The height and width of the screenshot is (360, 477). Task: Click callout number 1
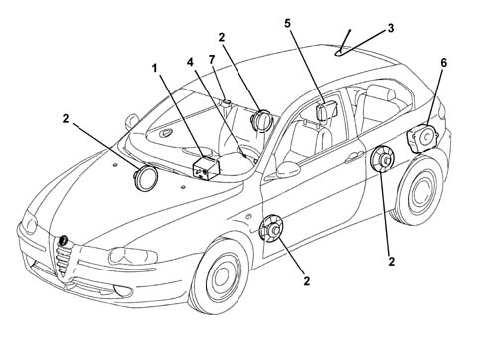(x=154, y=69)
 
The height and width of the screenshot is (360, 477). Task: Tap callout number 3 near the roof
(x=391, y=28)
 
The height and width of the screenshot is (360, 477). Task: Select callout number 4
(x=190, y=62)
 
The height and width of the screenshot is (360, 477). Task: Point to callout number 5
(x=287, y=24)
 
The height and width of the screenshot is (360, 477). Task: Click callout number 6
(x=443, y=63)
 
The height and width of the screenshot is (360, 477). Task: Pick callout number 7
(x=212, y=60)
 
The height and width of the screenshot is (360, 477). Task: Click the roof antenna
(x=344, y=43)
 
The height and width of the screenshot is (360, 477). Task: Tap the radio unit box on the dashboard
(x=206, y=167)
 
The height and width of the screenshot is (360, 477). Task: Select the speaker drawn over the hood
(x=145, y=178)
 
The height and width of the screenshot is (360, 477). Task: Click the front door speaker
(x=271, y=229)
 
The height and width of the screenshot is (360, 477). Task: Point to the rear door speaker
(x=382, y=159)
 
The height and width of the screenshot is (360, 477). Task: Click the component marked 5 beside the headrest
(x=327, y=110)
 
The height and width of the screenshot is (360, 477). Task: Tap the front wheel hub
(x=221, y=274)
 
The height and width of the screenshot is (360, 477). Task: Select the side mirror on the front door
(x=288, y=169)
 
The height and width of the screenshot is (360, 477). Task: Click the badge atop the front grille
(x=63, y=240)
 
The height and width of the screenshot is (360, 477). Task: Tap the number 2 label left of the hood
(x=66, y=119)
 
